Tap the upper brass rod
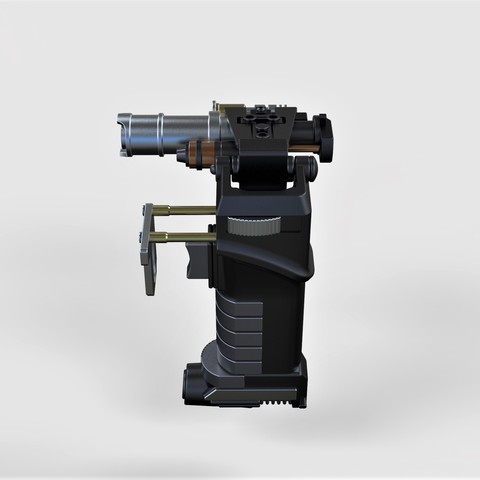(x=185, y=210)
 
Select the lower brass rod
(x=185, y=236)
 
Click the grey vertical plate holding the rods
(x=149, y=249)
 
